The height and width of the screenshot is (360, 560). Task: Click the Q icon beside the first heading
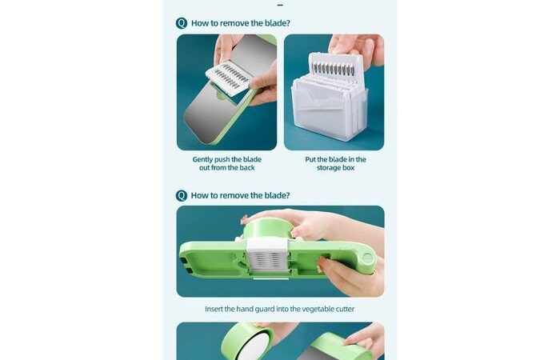(182, 23)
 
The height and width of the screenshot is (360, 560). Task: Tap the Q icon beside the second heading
(182, 196)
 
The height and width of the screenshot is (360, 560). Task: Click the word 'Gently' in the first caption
(202, 160)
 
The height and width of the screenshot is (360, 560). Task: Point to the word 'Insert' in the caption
(214, 309)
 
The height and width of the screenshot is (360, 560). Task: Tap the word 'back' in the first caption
(246, 167)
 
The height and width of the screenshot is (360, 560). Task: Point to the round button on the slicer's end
(367, 258)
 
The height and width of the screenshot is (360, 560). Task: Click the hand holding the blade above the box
(357, 47)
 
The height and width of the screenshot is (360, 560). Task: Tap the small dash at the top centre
(280, 6)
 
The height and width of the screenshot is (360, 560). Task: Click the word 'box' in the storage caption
(349, 168)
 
